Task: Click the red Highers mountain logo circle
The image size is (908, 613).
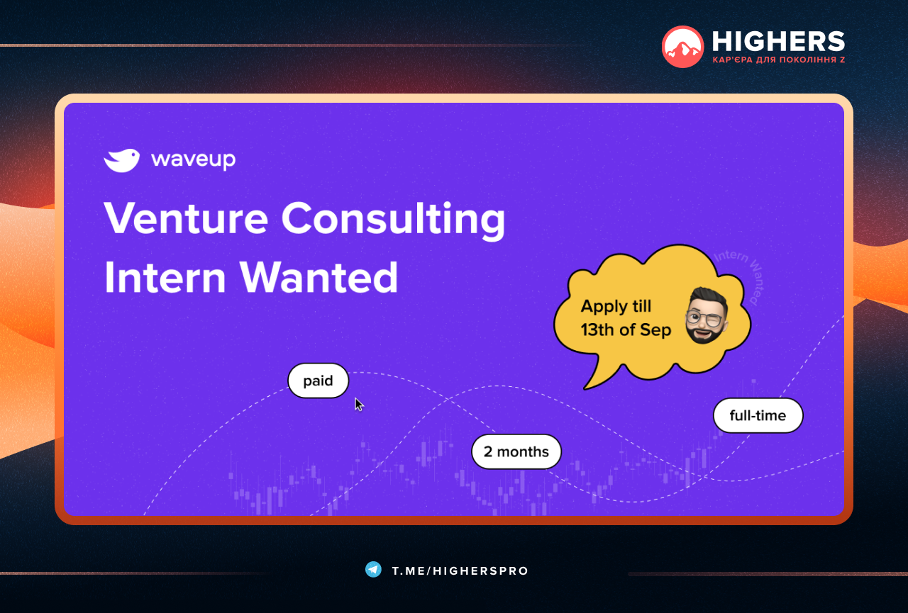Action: (x=682, y=47)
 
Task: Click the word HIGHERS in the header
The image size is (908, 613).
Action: (x=778, y=41)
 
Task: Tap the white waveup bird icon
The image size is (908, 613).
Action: (x=121, y=160)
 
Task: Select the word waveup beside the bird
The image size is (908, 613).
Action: (x=194, y=160)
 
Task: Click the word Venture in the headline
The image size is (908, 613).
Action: (x=187, y=219)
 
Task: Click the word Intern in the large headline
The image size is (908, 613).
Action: (x=165, y=277)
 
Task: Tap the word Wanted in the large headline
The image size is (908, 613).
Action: (x=319, y=277)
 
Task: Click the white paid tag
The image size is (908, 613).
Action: (x=319, y=381)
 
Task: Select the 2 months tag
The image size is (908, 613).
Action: (x=516, y=451)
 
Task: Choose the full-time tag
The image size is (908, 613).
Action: (x=758, y=415)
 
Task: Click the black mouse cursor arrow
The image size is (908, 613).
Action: (x=359, y=405)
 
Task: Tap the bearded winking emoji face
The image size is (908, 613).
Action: (x=706, y=316)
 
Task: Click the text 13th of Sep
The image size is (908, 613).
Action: (x=626, y=330)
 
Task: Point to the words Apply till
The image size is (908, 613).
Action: (x=616, y=306)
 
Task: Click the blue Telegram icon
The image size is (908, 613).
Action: (x=373, y=569)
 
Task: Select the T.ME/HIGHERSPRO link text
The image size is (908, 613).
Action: (x=460, y=571)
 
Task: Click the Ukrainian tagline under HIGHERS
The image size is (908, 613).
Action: (x=779, y=60)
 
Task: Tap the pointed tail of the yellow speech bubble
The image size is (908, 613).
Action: (x=586, y=388)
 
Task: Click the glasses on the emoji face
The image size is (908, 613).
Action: (x=704, y=318)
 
